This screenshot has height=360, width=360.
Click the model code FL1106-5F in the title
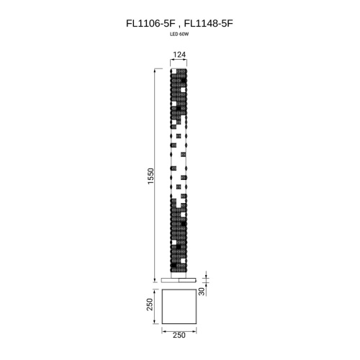[x=149, y=23]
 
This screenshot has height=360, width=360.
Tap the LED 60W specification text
[x=179, y=34]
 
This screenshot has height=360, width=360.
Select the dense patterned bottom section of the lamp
[x=179, y=238]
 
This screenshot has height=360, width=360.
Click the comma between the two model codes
[x=179, y=24]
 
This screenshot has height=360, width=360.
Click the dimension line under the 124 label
[x=179, y=62]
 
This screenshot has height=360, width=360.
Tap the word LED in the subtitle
[x=174, y=34]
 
